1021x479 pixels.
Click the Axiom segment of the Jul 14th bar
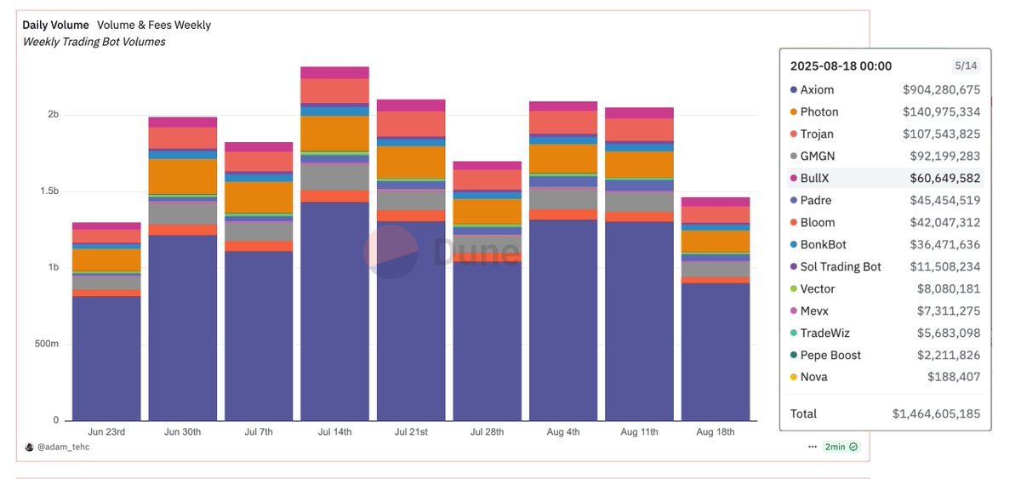point(334,311)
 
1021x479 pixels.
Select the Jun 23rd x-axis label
point(106,432)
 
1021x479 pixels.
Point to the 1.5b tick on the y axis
point(47,191)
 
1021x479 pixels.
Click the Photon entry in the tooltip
point(819,112)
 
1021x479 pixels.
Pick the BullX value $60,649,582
point(941,179)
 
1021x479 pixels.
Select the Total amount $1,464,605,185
point(936,414)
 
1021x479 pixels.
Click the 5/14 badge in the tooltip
point(966,66)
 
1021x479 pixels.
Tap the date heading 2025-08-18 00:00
point(841,66)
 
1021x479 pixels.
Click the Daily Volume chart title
point(55,26)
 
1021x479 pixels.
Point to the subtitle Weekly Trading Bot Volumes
point(94,42)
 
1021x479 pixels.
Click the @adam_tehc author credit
point(62,448)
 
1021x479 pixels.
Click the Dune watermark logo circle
point(391,252)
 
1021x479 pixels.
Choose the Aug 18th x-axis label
point(716,432)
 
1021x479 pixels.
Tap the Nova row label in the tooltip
point(813,377)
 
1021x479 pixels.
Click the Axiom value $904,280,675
point(941,90)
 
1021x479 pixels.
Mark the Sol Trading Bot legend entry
point(840,267)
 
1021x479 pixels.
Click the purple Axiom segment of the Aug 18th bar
point(716,352)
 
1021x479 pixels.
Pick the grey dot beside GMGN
point(793,157)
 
